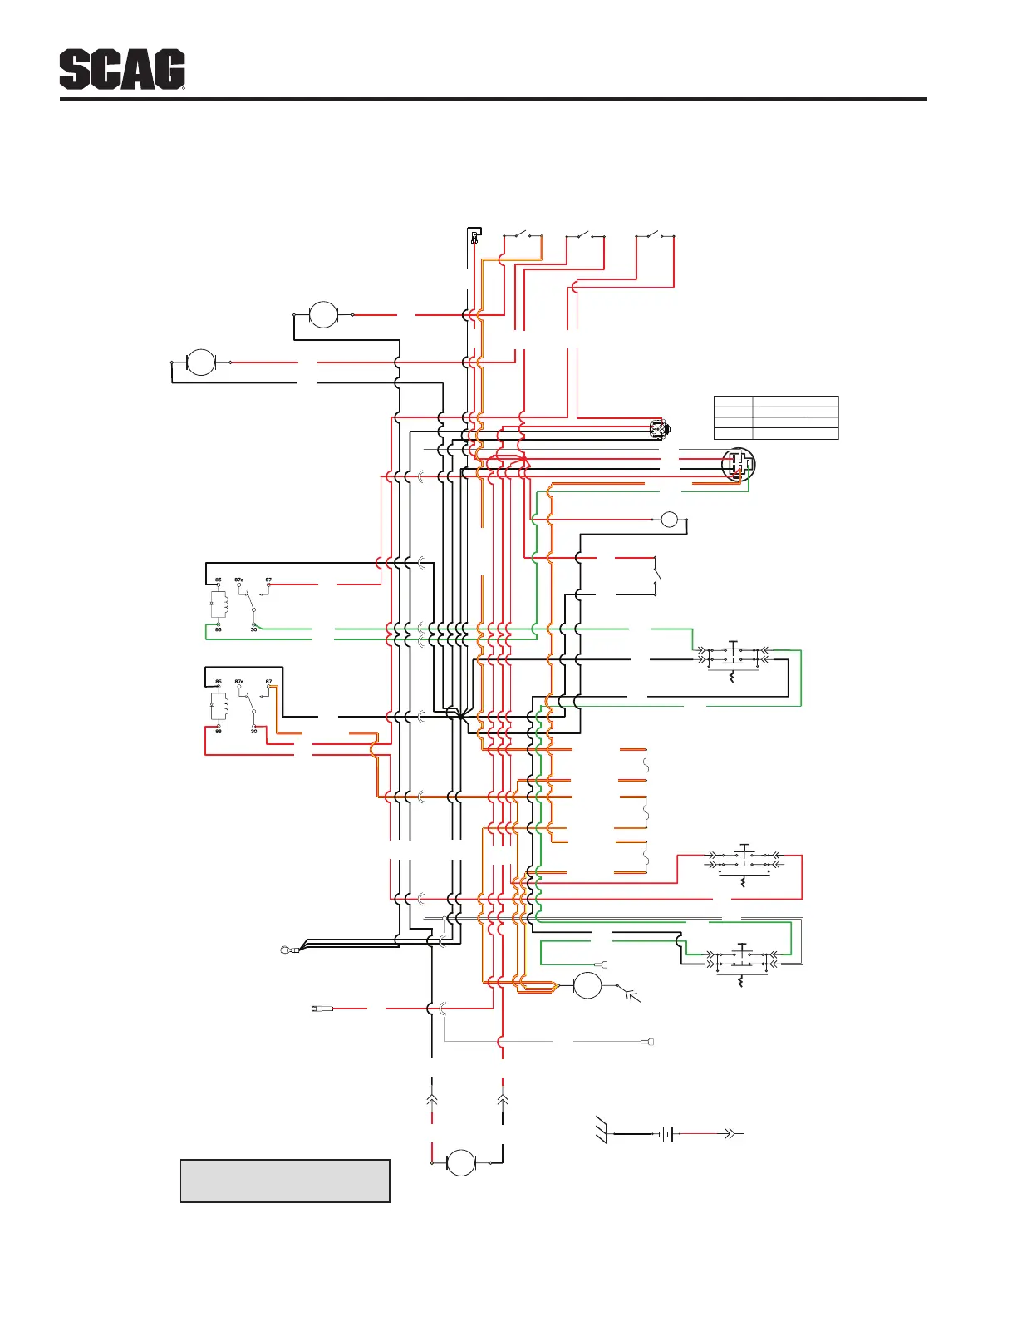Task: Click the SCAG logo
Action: pos(122,71)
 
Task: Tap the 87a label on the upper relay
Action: pos(239,580)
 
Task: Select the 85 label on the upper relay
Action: pos(219,580)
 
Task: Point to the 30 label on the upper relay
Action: pos(253,629)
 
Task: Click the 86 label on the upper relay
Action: pos(219,629)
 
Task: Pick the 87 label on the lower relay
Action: pos(269,682)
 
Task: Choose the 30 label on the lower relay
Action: pos(253,732)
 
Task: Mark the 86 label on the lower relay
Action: pos(219,732)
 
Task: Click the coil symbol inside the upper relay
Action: pos(219,604)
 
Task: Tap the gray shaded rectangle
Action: pos(285,1181)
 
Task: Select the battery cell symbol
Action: pos(666,1133)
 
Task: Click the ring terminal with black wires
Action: pos(287,949)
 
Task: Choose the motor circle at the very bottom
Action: pos(461,1163)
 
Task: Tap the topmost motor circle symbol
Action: pos(323,315)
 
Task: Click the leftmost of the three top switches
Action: pos(523,234)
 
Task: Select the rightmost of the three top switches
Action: pos(655,234)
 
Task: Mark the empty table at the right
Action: pos(776,417)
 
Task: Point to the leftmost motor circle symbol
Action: pos(201,363)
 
